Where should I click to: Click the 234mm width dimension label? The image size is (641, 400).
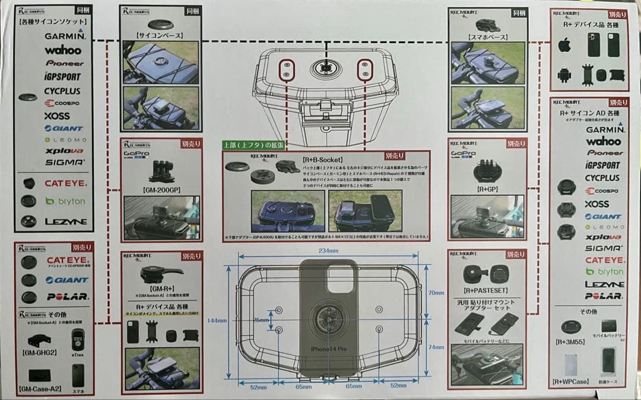[x=329, y=251]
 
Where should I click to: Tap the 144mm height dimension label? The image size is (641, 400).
[x=217, y=321]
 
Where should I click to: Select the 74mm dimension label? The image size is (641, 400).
[x=436, y=347]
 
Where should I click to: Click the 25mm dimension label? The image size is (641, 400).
[x=260, y=320]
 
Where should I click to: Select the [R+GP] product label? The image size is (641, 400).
[x=487, y=190]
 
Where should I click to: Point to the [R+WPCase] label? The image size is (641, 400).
[x=571, y=382]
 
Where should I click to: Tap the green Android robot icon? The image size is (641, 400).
[x=564, y=75]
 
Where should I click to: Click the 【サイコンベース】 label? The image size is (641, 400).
[x=160, y=36]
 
